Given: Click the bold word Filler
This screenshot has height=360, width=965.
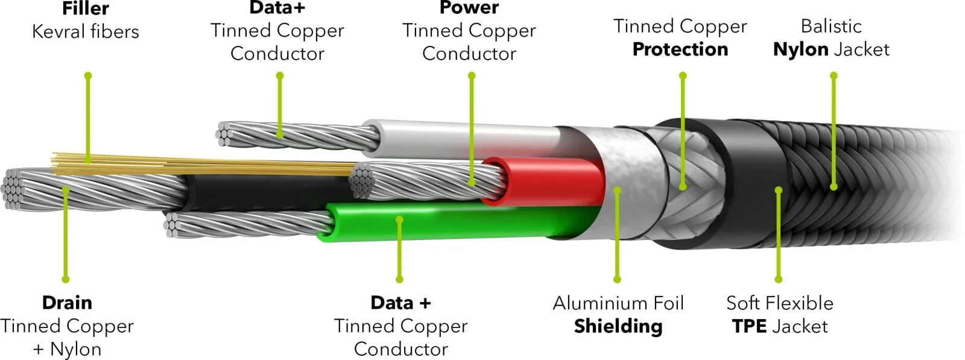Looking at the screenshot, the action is coord(85,8).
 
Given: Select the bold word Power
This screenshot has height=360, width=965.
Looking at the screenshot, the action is coord(469,7).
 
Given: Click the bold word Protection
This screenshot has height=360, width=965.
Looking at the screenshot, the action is coord(680,49).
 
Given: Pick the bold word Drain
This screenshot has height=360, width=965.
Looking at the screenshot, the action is coord(67,303).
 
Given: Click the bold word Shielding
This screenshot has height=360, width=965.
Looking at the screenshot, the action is coord(618,326).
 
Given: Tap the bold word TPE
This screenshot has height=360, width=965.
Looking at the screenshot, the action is coord(749,326).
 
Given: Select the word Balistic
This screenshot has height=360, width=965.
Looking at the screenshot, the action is coord(832,27).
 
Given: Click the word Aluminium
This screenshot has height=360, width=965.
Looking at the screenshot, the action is coord(593,303).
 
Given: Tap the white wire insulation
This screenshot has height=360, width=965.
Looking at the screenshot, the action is coord(461,139).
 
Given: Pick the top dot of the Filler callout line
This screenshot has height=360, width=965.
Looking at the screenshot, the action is coord(88,76).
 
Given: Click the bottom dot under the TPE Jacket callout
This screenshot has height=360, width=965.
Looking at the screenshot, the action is coord(779,279).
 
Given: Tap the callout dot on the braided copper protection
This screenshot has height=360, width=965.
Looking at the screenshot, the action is coord(683,187).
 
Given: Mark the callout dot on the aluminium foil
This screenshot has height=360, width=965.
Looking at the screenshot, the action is coord(618,190).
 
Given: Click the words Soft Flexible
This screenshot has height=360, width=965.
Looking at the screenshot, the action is coord(780,303).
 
